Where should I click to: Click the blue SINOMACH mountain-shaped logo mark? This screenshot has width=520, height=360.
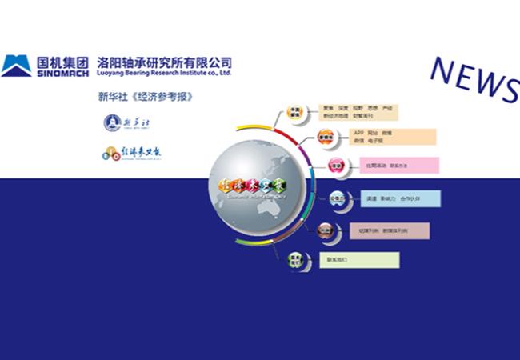(x=16, y=65)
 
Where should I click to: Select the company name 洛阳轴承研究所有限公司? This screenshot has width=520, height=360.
(x=164, y=61)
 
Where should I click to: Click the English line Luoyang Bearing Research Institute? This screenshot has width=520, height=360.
(x=164, y=72)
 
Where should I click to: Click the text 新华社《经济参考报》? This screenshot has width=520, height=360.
(x=146, y=97)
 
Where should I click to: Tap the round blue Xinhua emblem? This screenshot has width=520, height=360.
(x=112, y=122)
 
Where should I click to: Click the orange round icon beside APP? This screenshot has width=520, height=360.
(x=326, y=137)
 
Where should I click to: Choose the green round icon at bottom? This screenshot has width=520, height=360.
(x=296, y=258)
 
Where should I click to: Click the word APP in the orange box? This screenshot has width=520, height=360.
(x=359, y=132)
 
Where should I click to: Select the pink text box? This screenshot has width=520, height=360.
(x=393, y=166)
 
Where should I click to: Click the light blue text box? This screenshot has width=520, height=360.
(x=400, y=198)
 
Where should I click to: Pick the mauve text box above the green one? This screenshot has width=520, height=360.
(x=389, y=230)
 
